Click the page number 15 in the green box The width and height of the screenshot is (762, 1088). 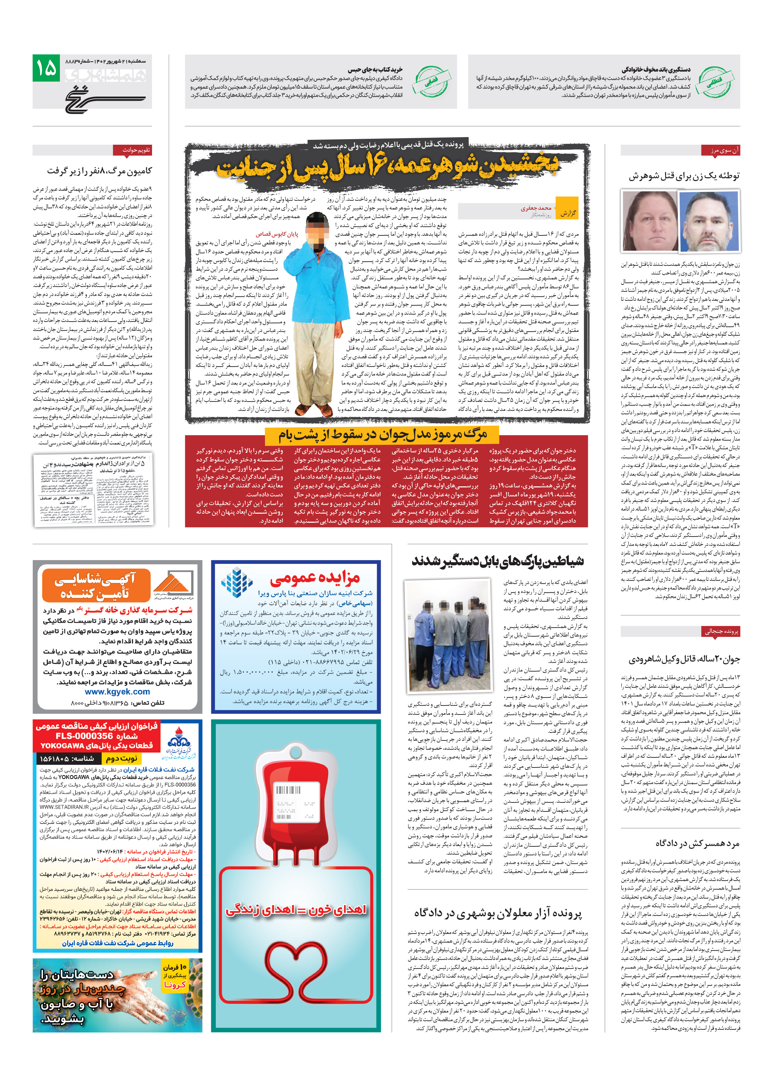click(46, 69)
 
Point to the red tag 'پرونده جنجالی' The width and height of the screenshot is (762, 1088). click(721, 631)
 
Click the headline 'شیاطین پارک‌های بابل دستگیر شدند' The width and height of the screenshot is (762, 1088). click(497, 561)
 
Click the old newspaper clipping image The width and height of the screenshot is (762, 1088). click(94, 489)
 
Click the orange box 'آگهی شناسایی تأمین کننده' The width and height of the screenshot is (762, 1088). click(95, 585)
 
